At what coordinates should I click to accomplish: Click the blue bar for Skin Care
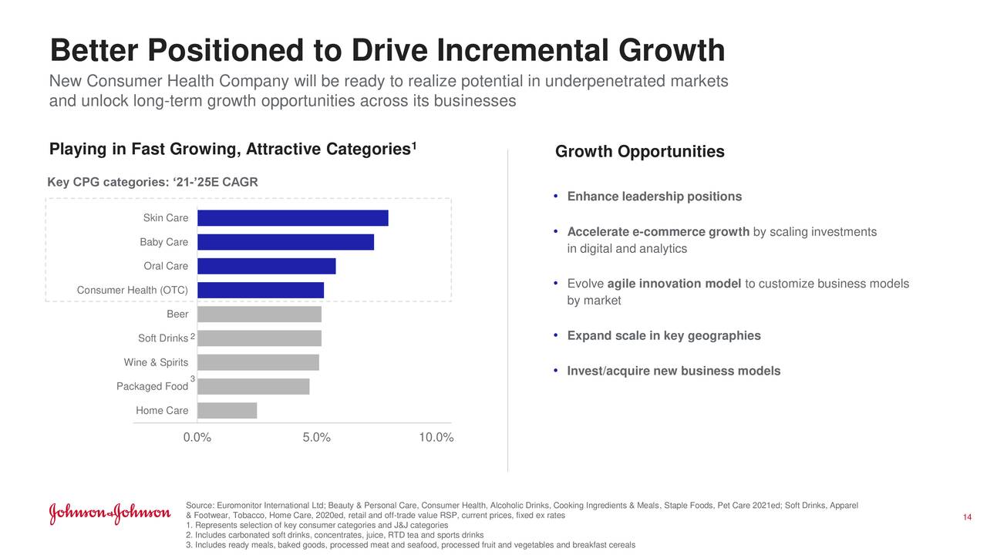[292, 218]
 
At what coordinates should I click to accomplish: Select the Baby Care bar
[285, 242]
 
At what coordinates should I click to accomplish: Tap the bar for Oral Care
[266, 266]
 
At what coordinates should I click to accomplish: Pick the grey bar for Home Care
[227, 410]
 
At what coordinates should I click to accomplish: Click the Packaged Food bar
[253, 386]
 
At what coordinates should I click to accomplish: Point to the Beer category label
[177, 314]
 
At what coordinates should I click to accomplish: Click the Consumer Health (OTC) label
[133, 290]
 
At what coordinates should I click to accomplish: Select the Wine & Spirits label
[156, 362]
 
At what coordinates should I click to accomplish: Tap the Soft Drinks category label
[163, 338]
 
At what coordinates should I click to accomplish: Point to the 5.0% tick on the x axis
[316, 438]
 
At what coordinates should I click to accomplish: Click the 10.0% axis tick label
[436, 438]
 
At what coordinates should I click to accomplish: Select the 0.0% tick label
[197, 438]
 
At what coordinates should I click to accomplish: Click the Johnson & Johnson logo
[109, 514]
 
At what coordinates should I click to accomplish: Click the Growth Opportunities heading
[639, 152]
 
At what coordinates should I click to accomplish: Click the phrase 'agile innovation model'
[674, 284]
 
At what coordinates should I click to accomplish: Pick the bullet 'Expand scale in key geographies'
[664, 335]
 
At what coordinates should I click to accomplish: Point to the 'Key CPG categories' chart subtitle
[153, 182]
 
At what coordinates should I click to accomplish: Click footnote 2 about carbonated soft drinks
[335, 535]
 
